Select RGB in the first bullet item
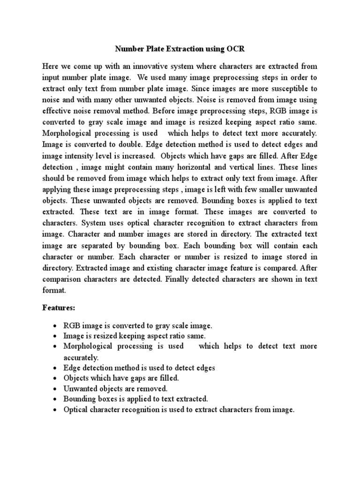tap(72, 326)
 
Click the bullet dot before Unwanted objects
tap(56, 389)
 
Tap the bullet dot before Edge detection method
tap(56, 368)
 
